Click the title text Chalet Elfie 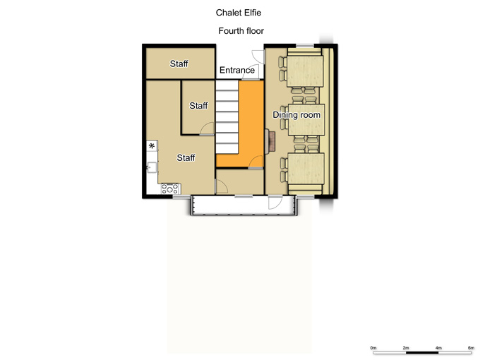click(238, 13)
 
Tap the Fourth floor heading click(241, 31)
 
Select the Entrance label click(237, 70)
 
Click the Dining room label click(296, 115)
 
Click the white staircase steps click(227, 117)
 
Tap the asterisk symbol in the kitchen click(152, 146)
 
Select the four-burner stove click(170, 188)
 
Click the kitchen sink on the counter click(152, 167)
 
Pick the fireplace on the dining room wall click(270, 141)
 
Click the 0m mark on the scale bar click(373, 348)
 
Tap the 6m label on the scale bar click(471, 348)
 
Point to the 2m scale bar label click(406, 348)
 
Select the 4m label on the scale click(438, 348)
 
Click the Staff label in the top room click(179, 64)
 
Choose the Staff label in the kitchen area click(186, 157)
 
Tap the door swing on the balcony click(275, 203)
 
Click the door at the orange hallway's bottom click(256, 162)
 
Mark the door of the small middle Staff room click(207, 129)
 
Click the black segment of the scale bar click(422, 353)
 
